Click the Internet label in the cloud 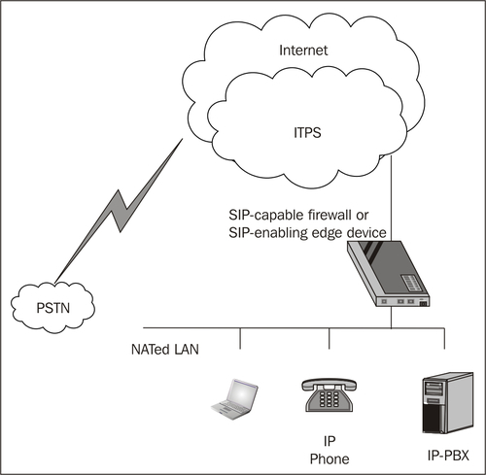point(303,51)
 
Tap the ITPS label point(307,133)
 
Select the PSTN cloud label point(53,308)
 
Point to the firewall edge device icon point(388,274)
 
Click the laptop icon point(234,399)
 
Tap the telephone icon point(329,395)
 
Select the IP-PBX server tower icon point(448,403)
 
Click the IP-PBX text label point(448,456)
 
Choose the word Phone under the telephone point(330,458)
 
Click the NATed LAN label point(165,350)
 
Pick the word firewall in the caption point(330,215)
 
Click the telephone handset point(329,384)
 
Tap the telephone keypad point(330,399)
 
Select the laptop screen point(242,393)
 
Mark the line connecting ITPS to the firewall point(391,198)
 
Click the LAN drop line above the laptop point(240,338)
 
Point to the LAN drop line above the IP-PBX point(444,338)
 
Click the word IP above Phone point(330,441)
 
